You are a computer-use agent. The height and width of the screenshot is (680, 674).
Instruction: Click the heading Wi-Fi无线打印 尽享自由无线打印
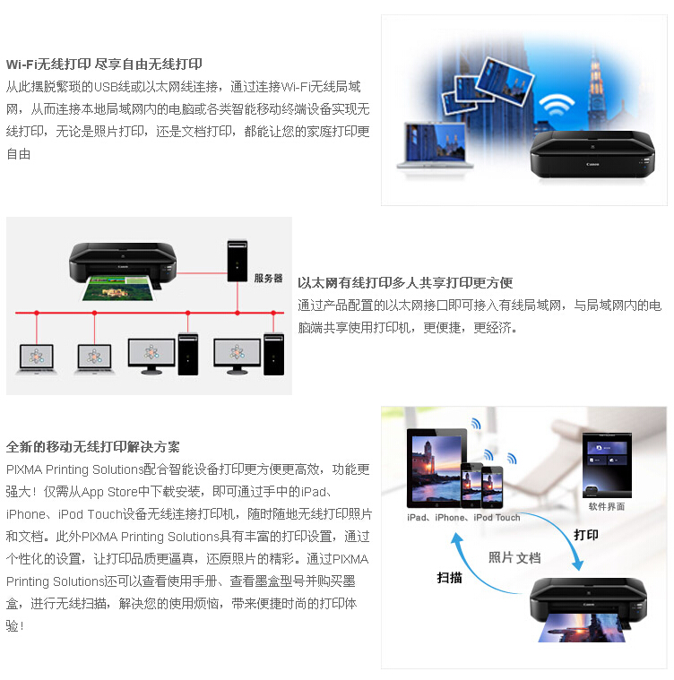(x=104, y=65)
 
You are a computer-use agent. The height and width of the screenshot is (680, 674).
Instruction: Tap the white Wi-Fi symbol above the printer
(x=557, y=105)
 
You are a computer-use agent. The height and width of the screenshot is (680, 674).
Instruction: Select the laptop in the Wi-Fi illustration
(x=435, y=146)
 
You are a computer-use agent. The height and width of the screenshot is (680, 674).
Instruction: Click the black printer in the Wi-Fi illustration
(x=592, y=155)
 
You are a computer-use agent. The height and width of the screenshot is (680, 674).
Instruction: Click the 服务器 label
(x=268, y=278)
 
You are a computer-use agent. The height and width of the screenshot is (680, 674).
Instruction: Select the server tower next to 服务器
(x=238, y=261)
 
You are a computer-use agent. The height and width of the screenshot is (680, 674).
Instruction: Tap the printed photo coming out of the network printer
(x=119, y=288)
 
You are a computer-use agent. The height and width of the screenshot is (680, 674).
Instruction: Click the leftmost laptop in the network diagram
(x=37, y=359)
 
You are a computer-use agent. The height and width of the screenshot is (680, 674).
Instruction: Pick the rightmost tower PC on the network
(x=273, y=354)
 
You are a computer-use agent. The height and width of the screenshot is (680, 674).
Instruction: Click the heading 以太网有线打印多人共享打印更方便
(x=405, y=283)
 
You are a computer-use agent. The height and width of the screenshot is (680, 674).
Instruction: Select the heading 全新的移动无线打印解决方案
(x=93, y=447)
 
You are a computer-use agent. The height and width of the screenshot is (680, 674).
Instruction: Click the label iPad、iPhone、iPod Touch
(x=463, y=517)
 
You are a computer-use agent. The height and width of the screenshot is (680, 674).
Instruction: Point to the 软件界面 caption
(x=607, y=506)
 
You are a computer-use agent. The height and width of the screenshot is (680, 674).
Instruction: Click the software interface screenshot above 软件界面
(x=607, y=464)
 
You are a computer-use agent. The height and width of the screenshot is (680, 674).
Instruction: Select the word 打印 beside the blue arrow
(x=586, y=535)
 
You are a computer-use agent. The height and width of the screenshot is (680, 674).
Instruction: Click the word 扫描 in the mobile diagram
(x=449, y=578)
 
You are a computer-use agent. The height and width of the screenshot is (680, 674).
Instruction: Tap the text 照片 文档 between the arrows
(x=514, y=557)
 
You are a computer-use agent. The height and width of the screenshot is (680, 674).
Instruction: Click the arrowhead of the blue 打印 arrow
(x=578, y=564)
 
